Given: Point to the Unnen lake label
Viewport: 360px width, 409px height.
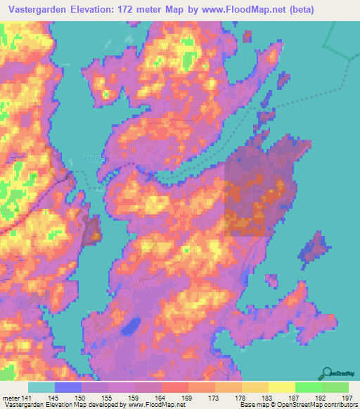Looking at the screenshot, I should (x=97, y=160).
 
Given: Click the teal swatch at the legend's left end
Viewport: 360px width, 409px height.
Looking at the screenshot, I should (x=41, y=387).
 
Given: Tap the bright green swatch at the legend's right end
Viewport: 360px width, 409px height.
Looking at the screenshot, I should (x=335, y=387).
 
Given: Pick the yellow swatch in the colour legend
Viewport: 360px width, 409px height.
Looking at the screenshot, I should (x=282, y=387).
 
